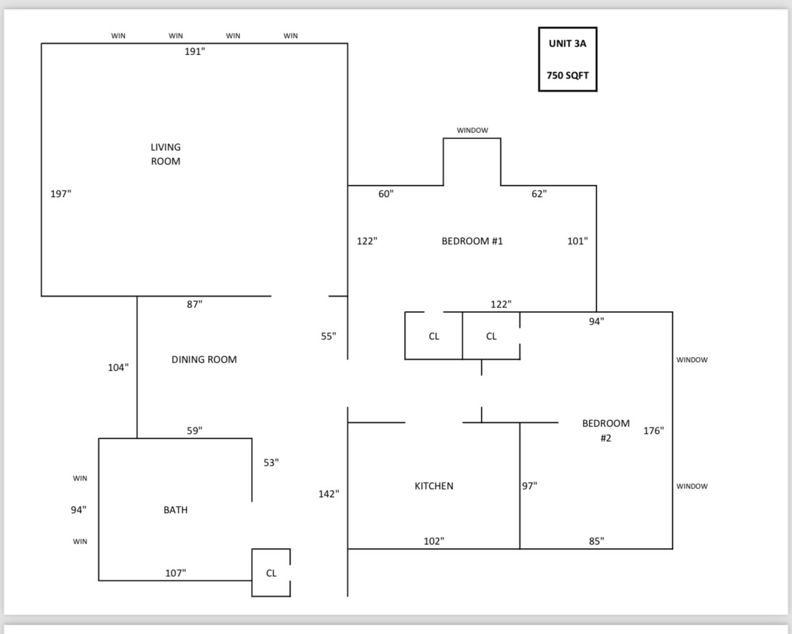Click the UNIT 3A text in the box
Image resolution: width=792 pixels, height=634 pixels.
coord(567,44)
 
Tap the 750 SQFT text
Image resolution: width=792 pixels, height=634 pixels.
coord(567,75)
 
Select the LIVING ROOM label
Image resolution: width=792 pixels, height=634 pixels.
coord(166,154)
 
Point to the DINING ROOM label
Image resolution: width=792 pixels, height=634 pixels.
coord(204,360)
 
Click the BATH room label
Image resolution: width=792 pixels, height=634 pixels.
coord(176,510)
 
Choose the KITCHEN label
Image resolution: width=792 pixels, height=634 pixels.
coord(434,486)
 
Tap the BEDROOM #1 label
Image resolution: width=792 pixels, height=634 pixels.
coord(472,241)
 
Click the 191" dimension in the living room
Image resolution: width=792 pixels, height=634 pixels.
coord(195,52)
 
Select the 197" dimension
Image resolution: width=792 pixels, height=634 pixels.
coord(61,193)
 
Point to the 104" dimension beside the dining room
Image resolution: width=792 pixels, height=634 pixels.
coord(118,367)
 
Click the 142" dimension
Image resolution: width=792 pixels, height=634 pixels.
coord(328,494)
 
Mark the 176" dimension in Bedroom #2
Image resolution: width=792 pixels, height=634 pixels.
coord(654,430)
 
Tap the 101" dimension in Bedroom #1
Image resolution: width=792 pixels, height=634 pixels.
coord(578,241)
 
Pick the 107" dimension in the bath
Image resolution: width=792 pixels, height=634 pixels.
coord(176,573)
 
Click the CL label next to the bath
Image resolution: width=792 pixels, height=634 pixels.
coord(271,573)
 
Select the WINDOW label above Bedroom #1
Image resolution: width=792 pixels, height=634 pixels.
coord(473,130)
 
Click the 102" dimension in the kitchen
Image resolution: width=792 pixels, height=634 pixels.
coord(434,541)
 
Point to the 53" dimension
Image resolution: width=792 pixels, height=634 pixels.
coord(271,463)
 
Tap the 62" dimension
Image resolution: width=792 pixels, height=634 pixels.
coord(539,193)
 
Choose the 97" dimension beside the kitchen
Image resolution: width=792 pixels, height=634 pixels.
coord(530,486)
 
